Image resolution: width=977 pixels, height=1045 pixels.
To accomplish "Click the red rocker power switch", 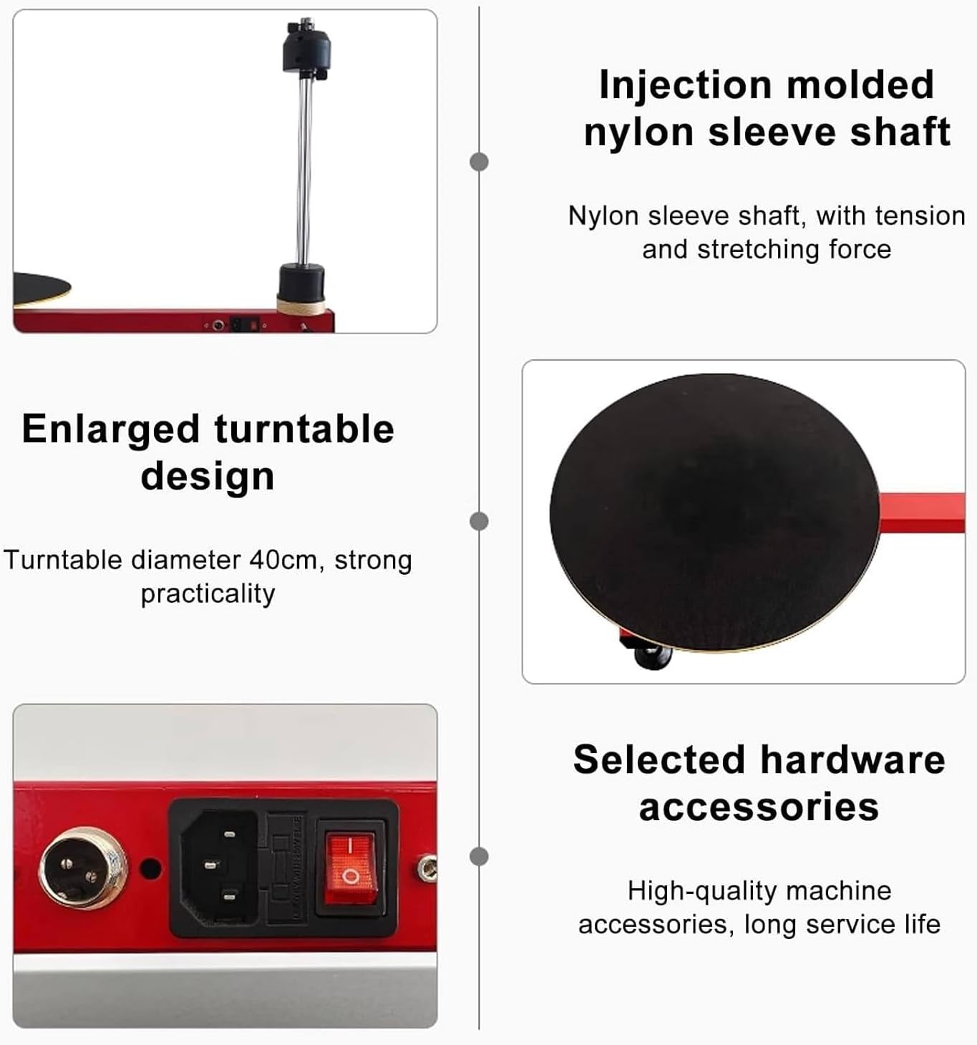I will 351,867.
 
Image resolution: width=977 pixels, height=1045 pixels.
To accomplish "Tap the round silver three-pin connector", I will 83,867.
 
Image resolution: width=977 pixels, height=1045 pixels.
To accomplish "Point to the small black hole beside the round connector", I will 150,868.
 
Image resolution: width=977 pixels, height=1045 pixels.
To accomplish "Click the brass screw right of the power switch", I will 427,868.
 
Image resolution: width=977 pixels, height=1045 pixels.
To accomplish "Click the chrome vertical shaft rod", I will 305,172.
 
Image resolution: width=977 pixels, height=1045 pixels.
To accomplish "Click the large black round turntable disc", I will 714,512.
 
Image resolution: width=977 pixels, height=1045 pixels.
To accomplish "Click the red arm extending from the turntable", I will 922,512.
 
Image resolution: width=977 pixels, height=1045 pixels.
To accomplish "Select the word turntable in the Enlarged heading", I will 304,429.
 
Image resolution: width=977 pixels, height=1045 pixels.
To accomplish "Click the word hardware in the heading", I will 852,759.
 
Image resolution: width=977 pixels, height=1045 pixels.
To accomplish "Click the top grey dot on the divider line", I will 479,162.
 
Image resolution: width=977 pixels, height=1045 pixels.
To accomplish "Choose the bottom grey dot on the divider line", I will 479,856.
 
